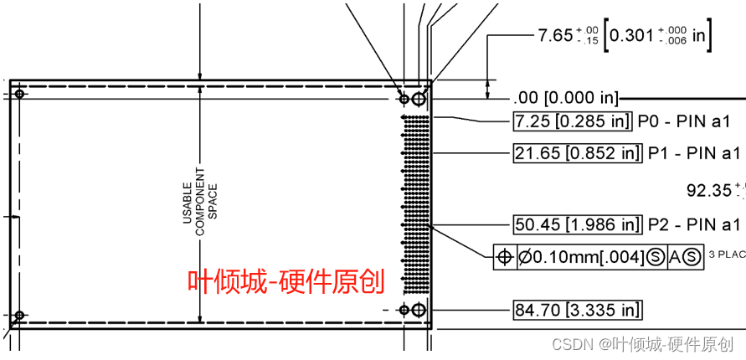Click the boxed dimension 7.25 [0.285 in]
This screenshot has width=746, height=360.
[571, 121]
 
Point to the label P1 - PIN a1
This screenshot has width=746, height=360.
[695, 153]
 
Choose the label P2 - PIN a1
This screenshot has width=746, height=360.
[695, 224]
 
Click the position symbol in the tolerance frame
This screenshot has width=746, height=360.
[505, 257]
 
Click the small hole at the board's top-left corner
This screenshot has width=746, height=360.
[21, 93]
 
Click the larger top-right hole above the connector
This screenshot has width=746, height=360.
[419, 99]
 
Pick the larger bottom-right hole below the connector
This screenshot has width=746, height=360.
[419, 311]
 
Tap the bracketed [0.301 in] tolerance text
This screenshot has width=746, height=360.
[661, 35]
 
